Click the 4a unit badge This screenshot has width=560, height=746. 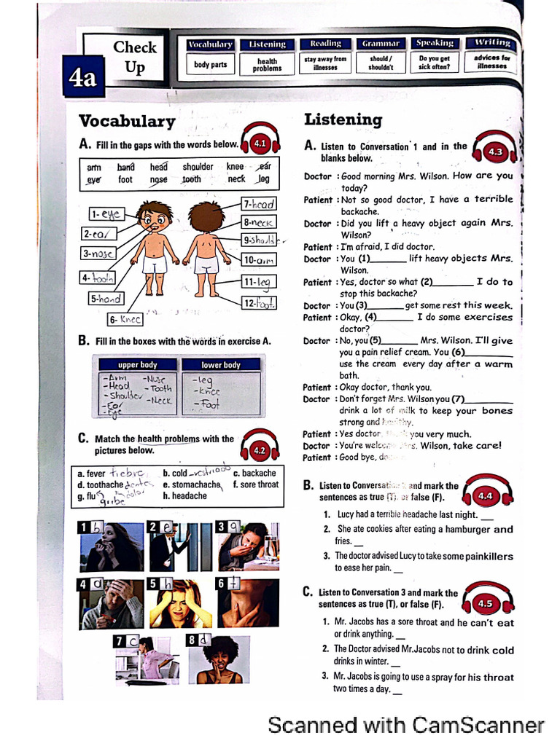tap(84, 78)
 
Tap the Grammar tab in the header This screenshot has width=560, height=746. tap(381, 44)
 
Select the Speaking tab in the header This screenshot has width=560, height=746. tap(435, 44)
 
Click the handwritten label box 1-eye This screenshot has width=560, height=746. tap(106, 214)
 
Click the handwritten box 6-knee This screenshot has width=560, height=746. tap(125, 319)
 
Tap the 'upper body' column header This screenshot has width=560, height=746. tap(137, 364)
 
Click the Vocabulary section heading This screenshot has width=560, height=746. tap(127, 120)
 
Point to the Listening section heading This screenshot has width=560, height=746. tap(343, 119)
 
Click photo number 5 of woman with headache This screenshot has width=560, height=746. tap(179, 604)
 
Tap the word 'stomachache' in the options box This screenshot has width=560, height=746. tap(195, 484)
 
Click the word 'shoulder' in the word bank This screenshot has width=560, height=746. tap(198, 167)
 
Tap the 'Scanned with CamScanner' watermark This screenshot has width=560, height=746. tap(406, 726)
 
